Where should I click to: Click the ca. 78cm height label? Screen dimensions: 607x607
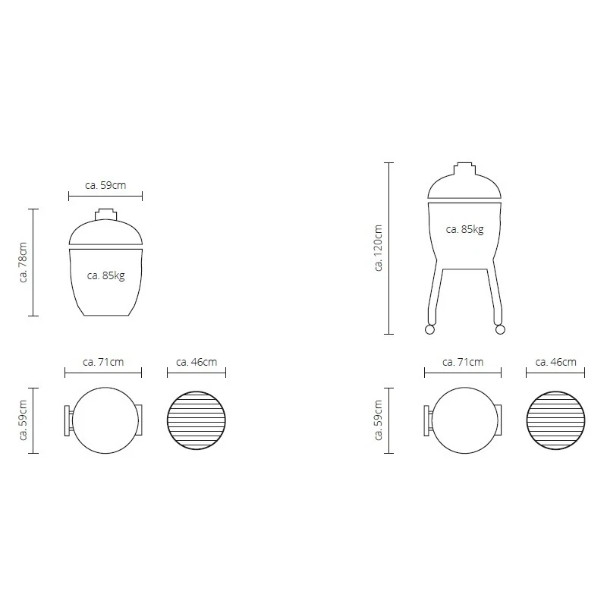(23, 263)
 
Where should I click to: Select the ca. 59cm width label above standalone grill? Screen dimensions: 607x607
(105, 184)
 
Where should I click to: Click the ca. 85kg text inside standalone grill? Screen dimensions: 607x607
(105, 275)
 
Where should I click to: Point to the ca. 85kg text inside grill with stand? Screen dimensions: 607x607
(464, 228)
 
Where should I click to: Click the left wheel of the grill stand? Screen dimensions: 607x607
(429, 329)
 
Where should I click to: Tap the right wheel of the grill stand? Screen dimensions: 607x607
(499, 329)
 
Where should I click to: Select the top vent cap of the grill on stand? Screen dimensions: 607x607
(464, 166)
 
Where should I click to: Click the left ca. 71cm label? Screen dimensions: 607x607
(104, 362)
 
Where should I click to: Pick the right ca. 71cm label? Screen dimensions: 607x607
(463, 362)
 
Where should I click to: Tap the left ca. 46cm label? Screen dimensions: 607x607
(197, 362)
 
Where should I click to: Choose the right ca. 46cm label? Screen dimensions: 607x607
(555, 362)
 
